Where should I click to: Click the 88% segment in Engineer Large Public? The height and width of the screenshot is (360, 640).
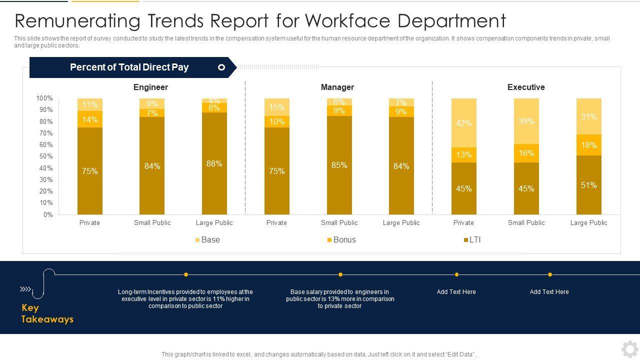(214, 163)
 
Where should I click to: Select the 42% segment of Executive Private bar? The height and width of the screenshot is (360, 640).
(463, 123)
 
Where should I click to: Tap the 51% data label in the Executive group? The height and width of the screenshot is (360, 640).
(588, 185)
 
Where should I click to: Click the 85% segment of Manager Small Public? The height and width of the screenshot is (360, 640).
(339, 165)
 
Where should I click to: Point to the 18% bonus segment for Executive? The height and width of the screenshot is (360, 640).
(588, 145)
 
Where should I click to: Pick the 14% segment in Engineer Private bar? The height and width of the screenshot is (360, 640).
(90, 119)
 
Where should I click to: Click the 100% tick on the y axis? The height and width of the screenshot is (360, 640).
(44, 98)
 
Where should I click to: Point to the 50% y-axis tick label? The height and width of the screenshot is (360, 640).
(46, 156)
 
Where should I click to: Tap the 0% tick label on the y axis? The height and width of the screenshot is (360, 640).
(48, 214)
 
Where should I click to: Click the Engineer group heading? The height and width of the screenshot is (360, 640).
(150, 87)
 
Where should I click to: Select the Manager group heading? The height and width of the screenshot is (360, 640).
(337, 87)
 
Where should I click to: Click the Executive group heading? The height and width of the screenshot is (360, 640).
(526, 87)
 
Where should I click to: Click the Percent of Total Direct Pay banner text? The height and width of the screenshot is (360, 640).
(129, 67)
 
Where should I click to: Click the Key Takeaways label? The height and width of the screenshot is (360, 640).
(47, 313)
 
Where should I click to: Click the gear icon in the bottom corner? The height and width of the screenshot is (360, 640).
(629, 348)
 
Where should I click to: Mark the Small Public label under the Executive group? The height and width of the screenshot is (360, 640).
(526, 222)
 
